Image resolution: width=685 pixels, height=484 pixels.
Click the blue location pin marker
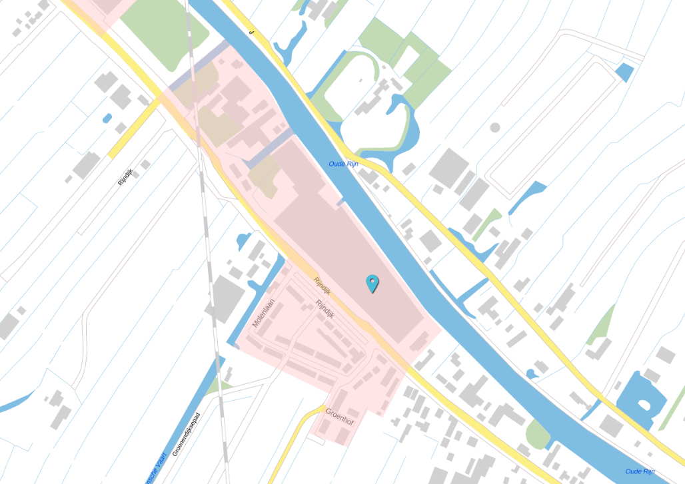click(372, 283)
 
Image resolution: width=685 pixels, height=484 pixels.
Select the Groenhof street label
click(339, 417)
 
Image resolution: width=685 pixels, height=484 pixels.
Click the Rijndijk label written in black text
click(125, 176)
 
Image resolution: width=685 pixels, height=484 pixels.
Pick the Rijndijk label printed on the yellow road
click(322, 286)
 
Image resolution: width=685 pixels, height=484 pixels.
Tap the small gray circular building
click(494, 127)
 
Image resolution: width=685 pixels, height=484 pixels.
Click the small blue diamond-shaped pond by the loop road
click(624, 71)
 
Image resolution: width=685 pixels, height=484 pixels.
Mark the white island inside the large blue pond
click(644, 404)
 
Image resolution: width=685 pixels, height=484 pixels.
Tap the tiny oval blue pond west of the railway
click(107, 119)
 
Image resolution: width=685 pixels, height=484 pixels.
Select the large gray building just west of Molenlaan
click(227, 300)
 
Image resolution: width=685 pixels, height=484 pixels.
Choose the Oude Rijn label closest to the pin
click(344, 164)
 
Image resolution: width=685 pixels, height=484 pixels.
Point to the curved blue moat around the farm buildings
click(408, 126)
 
